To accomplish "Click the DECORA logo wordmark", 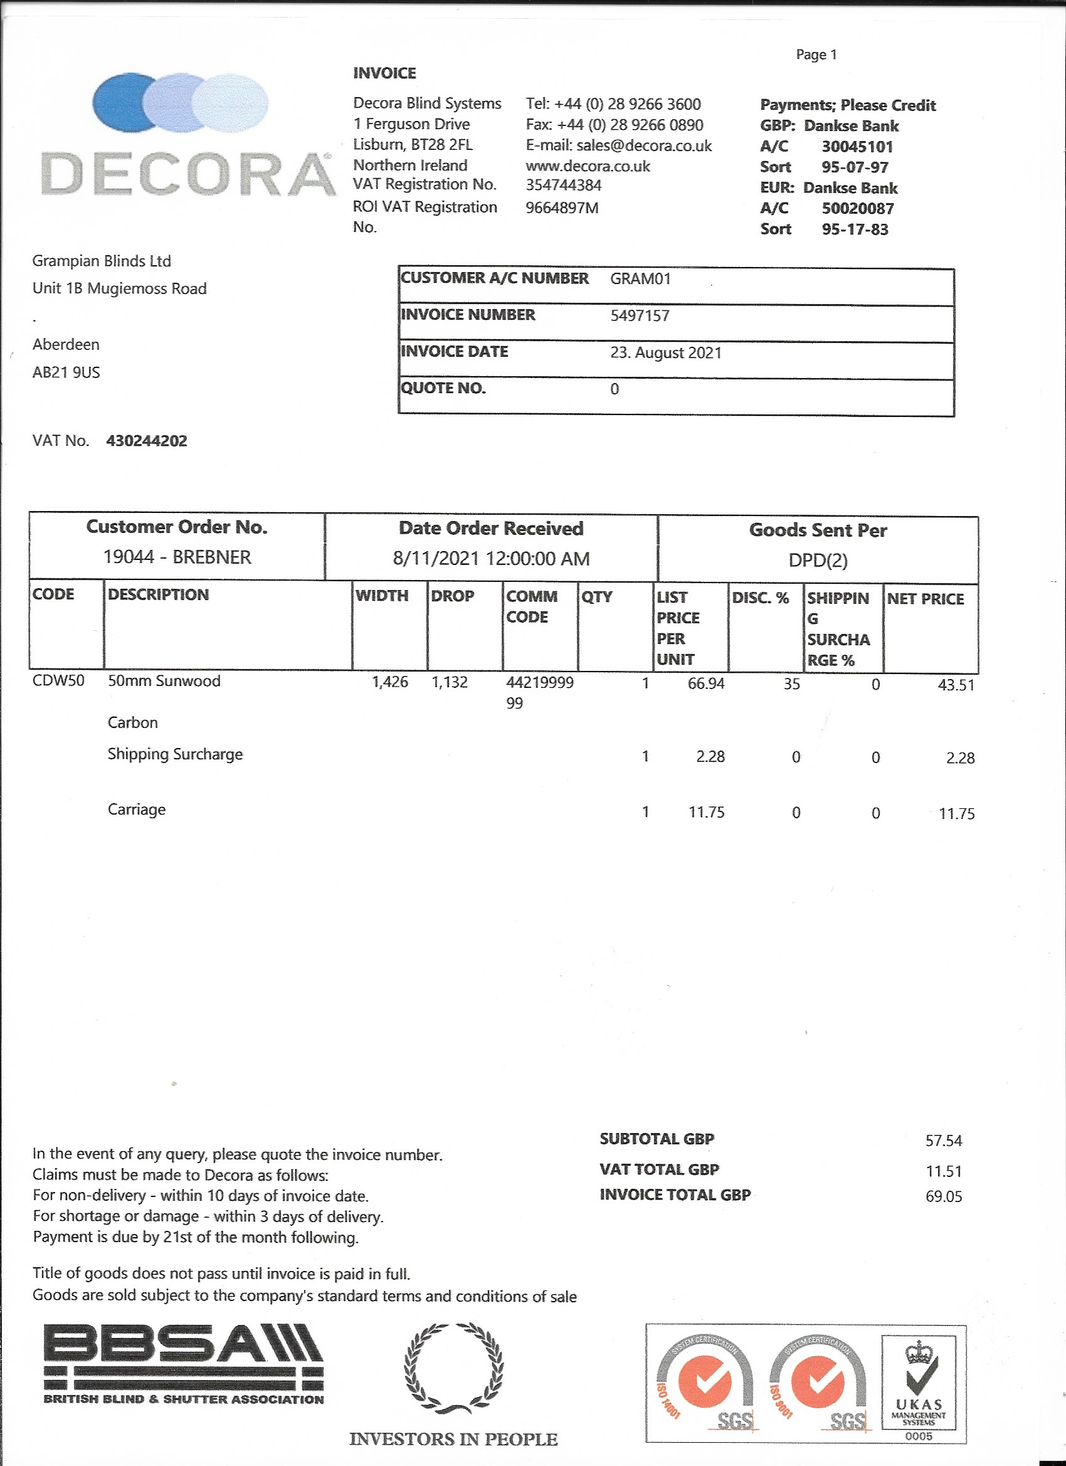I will (187, 174).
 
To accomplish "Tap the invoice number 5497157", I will (640, 315).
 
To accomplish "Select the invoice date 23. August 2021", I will (665, 352).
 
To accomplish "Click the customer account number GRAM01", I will (640, 278).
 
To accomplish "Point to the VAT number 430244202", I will (147, 441).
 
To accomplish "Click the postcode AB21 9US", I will (66, 372).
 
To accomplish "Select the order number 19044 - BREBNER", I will (177, 557).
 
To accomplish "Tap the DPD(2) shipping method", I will (817, 560).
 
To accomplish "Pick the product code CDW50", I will (58, 681).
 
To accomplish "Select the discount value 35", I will (791, 683).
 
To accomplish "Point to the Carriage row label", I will (137, 809).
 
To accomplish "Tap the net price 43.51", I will (956, 685).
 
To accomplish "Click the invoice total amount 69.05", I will (943, 1196).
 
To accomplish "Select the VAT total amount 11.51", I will (943, 1171).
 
